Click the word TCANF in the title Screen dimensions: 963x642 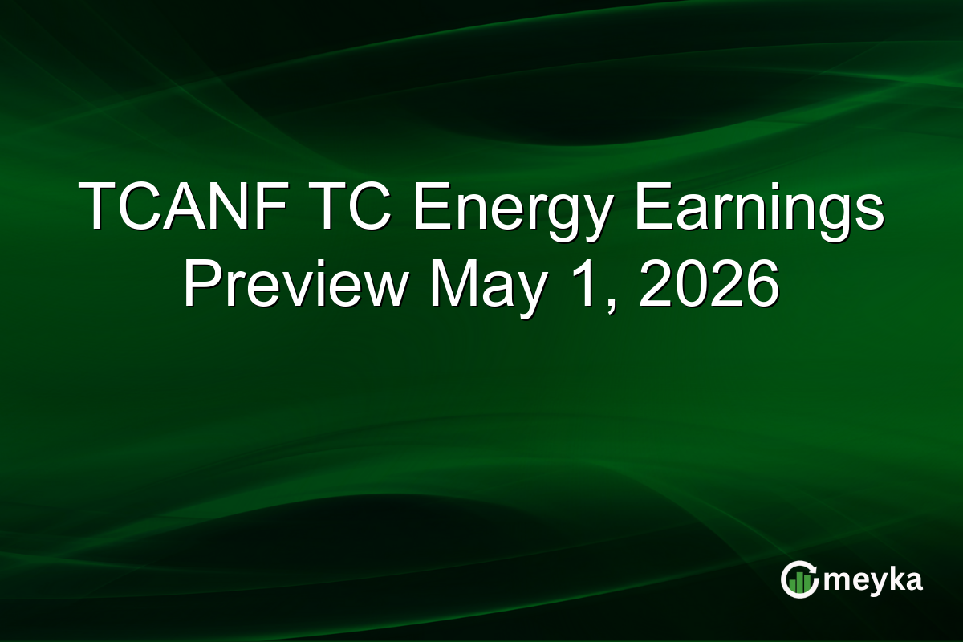click(x=183, y=205)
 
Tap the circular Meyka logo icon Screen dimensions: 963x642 click(x=799, y=579)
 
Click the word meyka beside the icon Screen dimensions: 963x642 click(x=873, y=582)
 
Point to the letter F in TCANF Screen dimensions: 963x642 click(x=270, y=205)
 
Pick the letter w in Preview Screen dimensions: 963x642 click(x=380, y=289)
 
